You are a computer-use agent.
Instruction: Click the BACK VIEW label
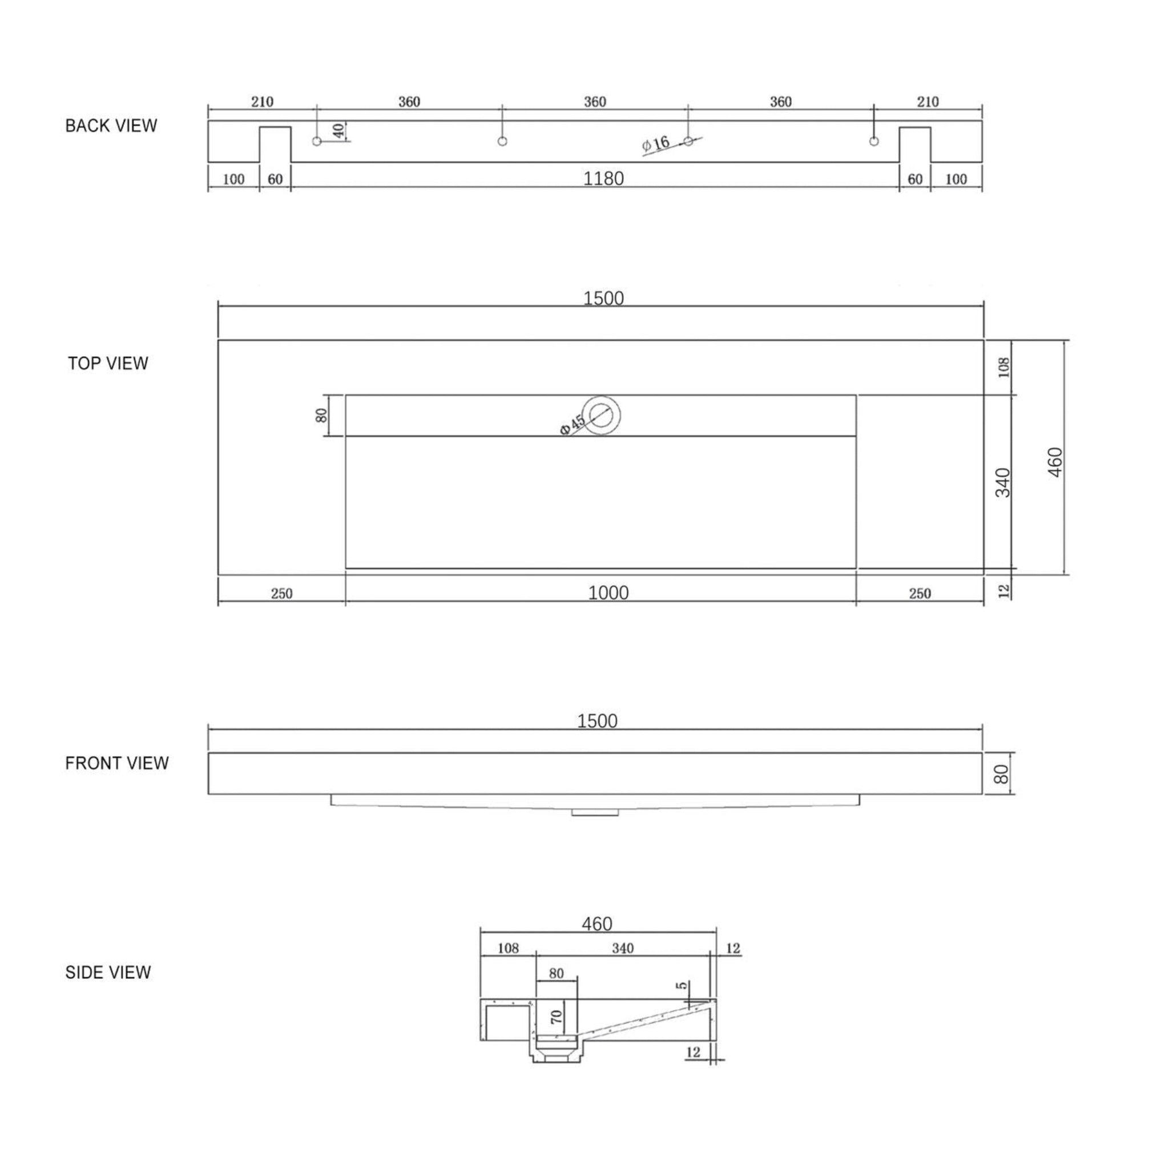[x=111, y=126]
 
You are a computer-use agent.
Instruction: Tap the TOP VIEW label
[x=108, y=363]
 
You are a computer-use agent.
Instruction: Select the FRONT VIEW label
[x=117, y=763]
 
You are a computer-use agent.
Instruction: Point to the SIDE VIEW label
[x=108, y=972]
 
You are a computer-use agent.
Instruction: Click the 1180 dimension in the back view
[x=603, y=179]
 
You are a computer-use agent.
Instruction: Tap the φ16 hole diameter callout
[x=656, y=144]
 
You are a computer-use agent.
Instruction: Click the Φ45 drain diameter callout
[x=572, y=424]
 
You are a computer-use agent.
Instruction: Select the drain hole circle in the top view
[x=602, y=414]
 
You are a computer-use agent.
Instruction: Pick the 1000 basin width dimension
[x=608, y=592]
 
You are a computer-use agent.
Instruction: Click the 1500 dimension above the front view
[x=597, y=721]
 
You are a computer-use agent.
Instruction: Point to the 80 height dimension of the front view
[x=1001, y=774]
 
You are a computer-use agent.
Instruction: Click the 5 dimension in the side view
[x=683, y=986]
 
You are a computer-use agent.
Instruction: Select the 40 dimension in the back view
[x=339, y=130]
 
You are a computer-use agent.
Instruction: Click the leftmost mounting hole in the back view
[x=316, y=141]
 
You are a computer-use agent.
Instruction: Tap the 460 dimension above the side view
[x=597, y=924]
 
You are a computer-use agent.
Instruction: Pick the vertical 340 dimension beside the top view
[x=1002, y=482]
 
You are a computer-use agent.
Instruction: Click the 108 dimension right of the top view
[x=1004, y=367]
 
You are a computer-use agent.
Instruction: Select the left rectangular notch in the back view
[x=275, y=144]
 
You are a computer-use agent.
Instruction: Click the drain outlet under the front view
[x=595, y=813]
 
